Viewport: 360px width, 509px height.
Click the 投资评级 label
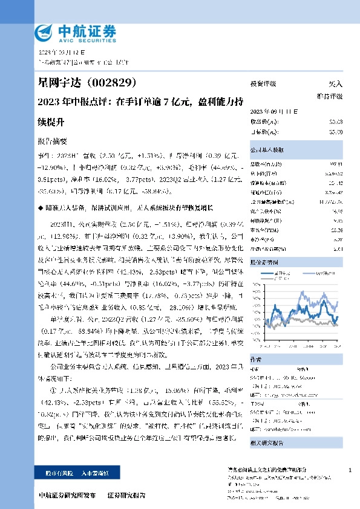click(263, 84)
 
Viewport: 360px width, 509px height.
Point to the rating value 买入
click(335, 84)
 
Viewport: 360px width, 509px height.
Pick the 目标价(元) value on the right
click(336, 131)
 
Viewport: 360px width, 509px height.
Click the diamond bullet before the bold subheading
click(39, 207)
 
